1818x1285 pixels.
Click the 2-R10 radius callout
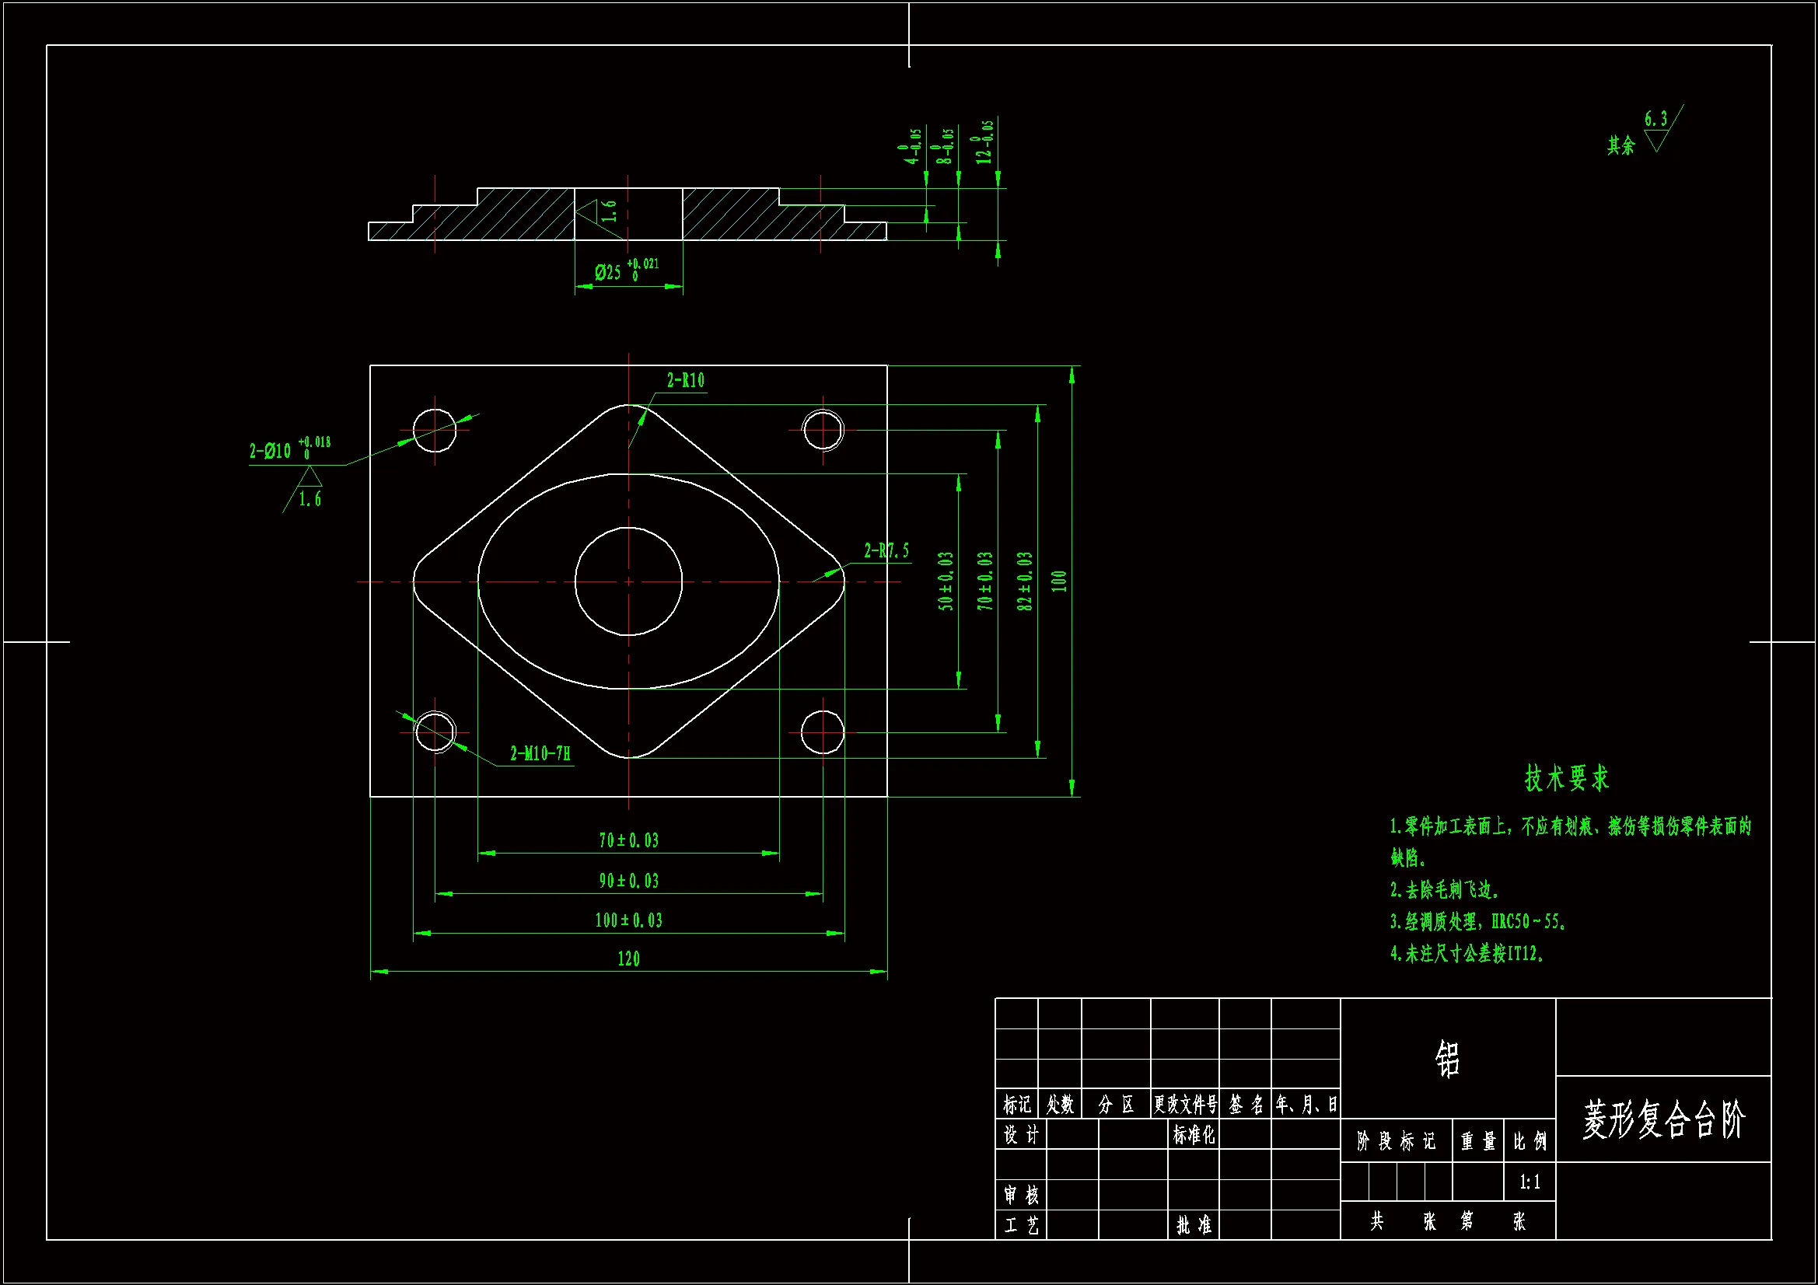point(685,381)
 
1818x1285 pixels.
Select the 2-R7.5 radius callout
point(886,551)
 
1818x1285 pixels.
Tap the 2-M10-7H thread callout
point(540,754)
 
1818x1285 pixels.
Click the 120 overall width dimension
point(629,959)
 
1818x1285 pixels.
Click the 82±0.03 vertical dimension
point(1025,581)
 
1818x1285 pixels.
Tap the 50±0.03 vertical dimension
point(946,581)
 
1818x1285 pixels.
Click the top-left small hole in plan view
point(435,430)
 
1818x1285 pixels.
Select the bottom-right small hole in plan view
point(822,732)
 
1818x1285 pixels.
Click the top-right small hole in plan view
point(823,430)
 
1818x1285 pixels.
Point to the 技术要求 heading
point(1566,778)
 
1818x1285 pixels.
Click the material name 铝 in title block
point(1447,1059)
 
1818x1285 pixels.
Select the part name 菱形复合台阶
point(1662,1119)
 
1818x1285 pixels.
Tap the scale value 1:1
point(1530,1183)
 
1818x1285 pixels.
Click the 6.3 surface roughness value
point(1655,120)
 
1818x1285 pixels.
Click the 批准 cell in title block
point(1194,1226)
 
